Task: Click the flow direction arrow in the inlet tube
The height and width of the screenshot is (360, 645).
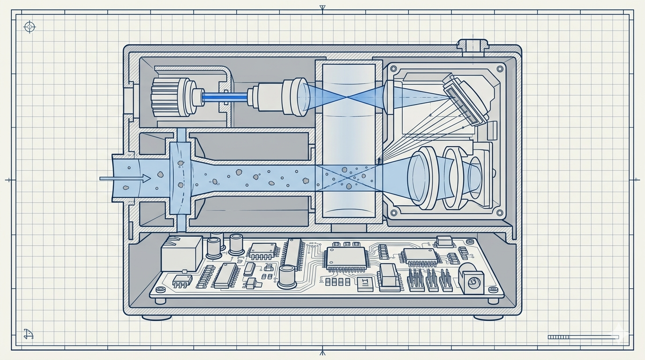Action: point(126,178)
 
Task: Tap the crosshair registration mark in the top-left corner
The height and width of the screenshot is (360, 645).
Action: point(30,27)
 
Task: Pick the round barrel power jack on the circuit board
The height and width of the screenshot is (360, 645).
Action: point(472,280)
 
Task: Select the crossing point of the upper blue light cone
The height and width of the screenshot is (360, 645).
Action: point(346,97)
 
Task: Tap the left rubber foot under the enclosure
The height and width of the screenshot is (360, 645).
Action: point(157,317)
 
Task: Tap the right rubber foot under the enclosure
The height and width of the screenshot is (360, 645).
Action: point(488,317)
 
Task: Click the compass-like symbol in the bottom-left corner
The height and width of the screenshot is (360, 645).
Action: point(29,334)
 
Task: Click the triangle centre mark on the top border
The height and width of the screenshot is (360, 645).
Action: point(322,8)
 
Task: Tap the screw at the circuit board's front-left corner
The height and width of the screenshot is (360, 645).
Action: point(161,301)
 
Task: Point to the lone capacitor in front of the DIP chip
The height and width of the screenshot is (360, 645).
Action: point(286,276)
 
